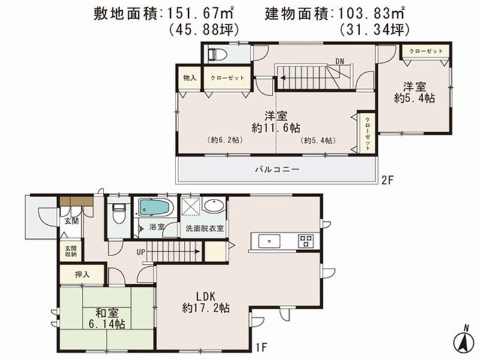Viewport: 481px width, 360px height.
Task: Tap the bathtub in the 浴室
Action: (x=155, y=207)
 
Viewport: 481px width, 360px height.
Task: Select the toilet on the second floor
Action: (x=217, y=55)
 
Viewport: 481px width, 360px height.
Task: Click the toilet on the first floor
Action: (x=119, y=213)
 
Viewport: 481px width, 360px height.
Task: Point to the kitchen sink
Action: (x=269, y=241)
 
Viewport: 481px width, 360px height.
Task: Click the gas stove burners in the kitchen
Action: (x=305, y=241)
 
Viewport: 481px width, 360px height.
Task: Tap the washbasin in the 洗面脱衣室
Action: (x=214, y=206)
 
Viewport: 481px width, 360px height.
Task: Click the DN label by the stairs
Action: (x=340, y=61)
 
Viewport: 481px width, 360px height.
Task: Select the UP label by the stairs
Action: (x=141, y=252)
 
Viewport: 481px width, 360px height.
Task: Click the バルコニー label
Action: (x=277, y=169)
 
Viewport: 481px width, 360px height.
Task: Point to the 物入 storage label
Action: (x=189, y=78)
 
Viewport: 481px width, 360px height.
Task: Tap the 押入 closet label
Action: (x=82, y=275)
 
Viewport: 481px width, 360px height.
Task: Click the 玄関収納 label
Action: (x=70, y=251)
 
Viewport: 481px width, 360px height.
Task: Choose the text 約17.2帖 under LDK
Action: (x=206, y=308)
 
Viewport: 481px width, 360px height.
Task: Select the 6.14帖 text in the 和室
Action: (x=106, y=324)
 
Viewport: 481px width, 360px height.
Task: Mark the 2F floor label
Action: (x=387, y=181)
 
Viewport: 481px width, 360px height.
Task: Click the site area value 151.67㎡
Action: (x=201, y=13)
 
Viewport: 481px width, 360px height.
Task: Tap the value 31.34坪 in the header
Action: (x=375, y=29)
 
